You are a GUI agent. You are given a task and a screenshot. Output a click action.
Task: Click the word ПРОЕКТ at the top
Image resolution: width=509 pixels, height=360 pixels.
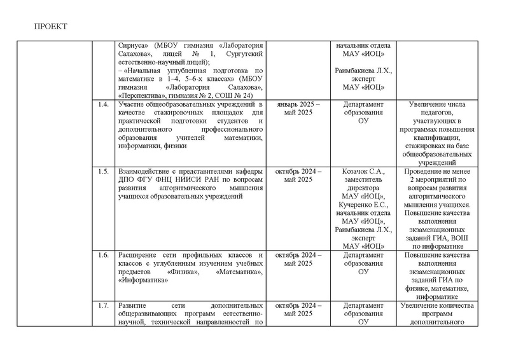[50, 26]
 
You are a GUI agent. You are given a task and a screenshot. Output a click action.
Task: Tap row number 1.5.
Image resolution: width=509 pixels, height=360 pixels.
[101, 172]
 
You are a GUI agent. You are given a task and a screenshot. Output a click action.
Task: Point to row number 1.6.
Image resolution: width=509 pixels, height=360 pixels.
[101, 254]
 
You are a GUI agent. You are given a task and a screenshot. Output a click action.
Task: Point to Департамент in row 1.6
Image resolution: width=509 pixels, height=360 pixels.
[361, 254]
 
